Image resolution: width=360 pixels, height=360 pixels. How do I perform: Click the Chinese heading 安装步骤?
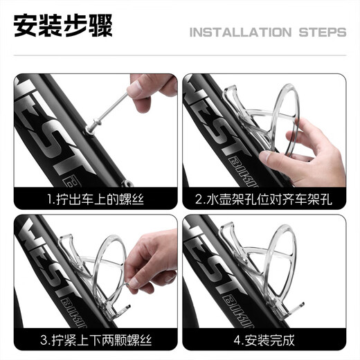(63, 26)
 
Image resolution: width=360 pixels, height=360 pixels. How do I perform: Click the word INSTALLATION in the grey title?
(240, 33)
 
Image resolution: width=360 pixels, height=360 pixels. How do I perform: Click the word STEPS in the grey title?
(323, 33)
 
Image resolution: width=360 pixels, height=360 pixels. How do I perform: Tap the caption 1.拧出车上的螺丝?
(96, 199)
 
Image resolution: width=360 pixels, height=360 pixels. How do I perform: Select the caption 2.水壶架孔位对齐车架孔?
(264, 199)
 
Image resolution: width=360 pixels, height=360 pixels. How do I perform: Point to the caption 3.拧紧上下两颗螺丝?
(96, 340)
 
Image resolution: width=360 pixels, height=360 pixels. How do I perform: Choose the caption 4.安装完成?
(264, 340)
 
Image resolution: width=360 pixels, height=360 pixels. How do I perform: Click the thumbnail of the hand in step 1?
(134, 89)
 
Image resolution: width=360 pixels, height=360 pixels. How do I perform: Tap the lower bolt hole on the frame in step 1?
(127, 184)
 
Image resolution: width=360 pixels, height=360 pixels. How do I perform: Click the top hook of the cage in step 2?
(231, 93)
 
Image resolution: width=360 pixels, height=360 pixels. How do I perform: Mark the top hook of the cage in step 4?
(227, 231)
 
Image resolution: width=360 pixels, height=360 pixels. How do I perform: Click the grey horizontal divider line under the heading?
(180, 55)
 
